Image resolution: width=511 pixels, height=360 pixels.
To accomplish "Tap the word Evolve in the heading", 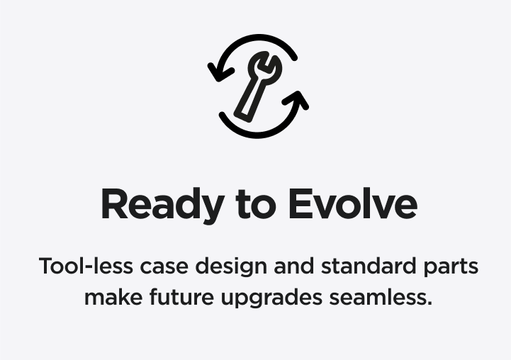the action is coord(353,203).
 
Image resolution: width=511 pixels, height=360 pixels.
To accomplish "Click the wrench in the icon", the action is coord(258,86).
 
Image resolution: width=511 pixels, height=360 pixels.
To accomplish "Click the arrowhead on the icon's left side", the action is coord(219,72).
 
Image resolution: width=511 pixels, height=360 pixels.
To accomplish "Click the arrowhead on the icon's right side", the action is coord(297,99).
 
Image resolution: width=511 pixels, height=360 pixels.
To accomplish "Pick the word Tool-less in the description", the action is coord(86,266).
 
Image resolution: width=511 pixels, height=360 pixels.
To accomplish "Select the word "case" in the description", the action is coord(164,266).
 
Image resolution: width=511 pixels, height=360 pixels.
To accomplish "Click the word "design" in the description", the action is coord(231,267).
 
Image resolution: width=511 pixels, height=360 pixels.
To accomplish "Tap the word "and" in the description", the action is coord(294,266).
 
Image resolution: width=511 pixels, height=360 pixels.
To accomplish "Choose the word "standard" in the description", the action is coord(369,266).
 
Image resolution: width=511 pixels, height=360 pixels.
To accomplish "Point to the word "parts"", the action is coord(451,268).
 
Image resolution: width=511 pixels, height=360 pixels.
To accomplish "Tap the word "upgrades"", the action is coord(271,298).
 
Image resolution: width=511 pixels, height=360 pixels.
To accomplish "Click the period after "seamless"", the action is coord(429,303).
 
